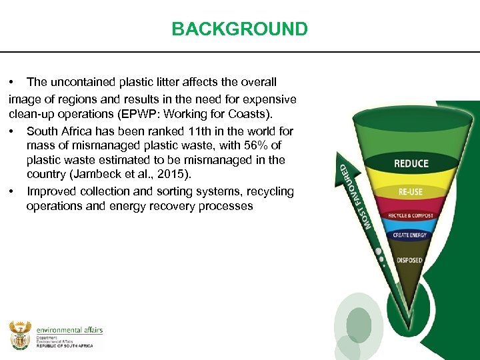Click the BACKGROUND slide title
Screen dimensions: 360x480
[x=239, y=29]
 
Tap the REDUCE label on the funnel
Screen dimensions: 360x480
[x=411, y=164]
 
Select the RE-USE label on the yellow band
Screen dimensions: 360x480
[x=410, y=191]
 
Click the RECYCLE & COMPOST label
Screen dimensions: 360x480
[x=410, y=216]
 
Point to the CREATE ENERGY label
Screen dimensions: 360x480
[x=410, y=235]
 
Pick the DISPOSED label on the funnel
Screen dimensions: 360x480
[x=409, y=260]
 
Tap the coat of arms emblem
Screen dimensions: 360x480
[x=20, y=335]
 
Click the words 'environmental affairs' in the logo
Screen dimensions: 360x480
[x=69, y=330]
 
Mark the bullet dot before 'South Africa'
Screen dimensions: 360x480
[x=13, y=131]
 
